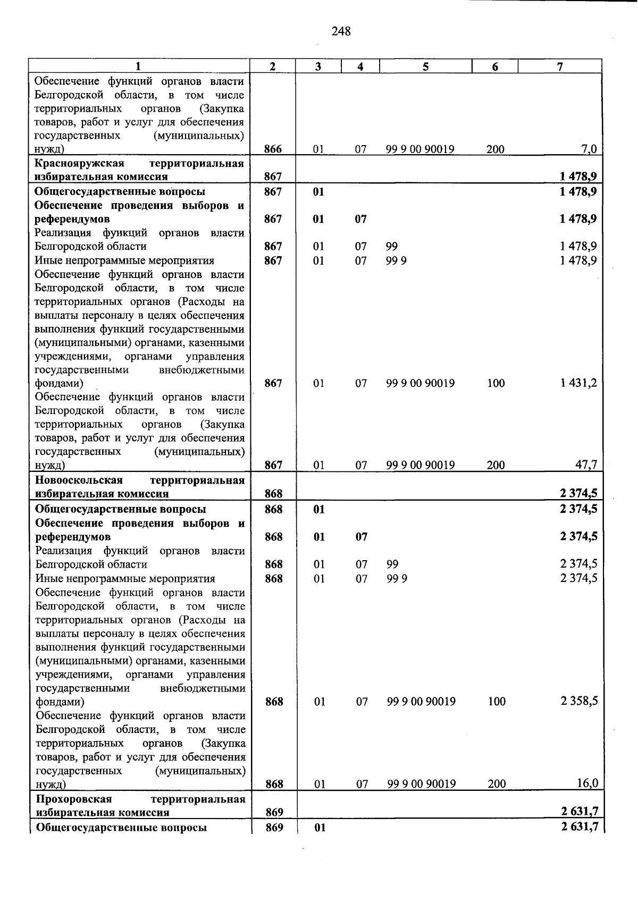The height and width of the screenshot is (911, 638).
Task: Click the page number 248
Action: (x=341, y=32)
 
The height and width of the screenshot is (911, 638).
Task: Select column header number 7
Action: (x=559, y=66)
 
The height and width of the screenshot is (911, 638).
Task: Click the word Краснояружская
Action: (x=79, y=163)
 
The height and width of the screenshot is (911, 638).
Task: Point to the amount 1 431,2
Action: (x=578, y=383)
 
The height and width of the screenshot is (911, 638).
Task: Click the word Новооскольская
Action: (x=79, y=480)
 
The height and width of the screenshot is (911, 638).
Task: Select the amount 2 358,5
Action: (x=579, y=701)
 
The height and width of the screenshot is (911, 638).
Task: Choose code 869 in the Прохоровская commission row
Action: (x=274, y=812)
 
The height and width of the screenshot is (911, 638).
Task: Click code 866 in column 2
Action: (x=273, y=149)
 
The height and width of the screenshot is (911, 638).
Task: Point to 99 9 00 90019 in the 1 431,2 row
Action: (x=421, y=383)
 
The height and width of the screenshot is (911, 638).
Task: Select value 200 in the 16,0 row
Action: (x=497, y=783)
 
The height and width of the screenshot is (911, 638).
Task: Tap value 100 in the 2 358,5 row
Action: (x=497, y=702)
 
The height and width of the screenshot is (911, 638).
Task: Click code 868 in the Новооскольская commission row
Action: (x=274, y=494)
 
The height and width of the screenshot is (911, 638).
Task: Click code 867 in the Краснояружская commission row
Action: (x=273, y=176)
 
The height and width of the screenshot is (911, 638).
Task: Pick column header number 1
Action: (x=138, y=66)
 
